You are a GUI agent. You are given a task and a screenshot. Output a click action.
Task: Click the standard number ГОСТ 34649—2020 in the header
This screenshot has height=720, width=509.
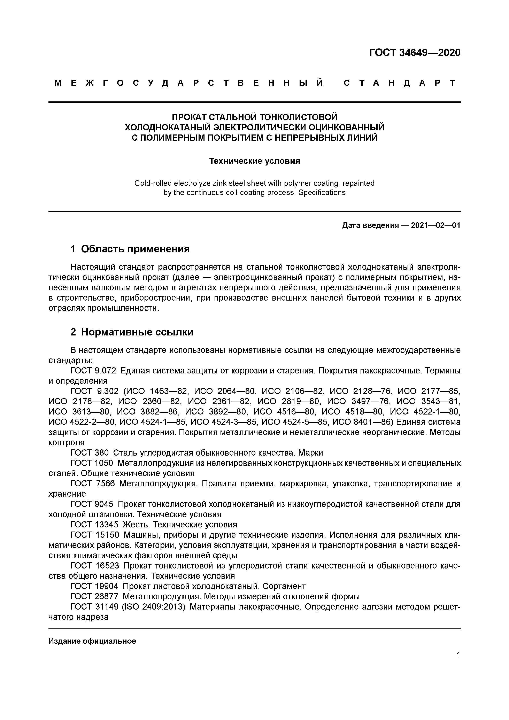pos(415,53)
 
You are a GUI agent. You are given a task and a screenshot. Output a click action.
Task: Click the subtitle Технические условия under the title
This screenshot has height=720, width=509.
pos(254,161)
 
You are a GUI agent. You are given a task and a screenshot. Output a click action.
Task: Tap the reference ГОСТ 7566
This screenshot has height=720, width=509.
pos(92,483)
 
